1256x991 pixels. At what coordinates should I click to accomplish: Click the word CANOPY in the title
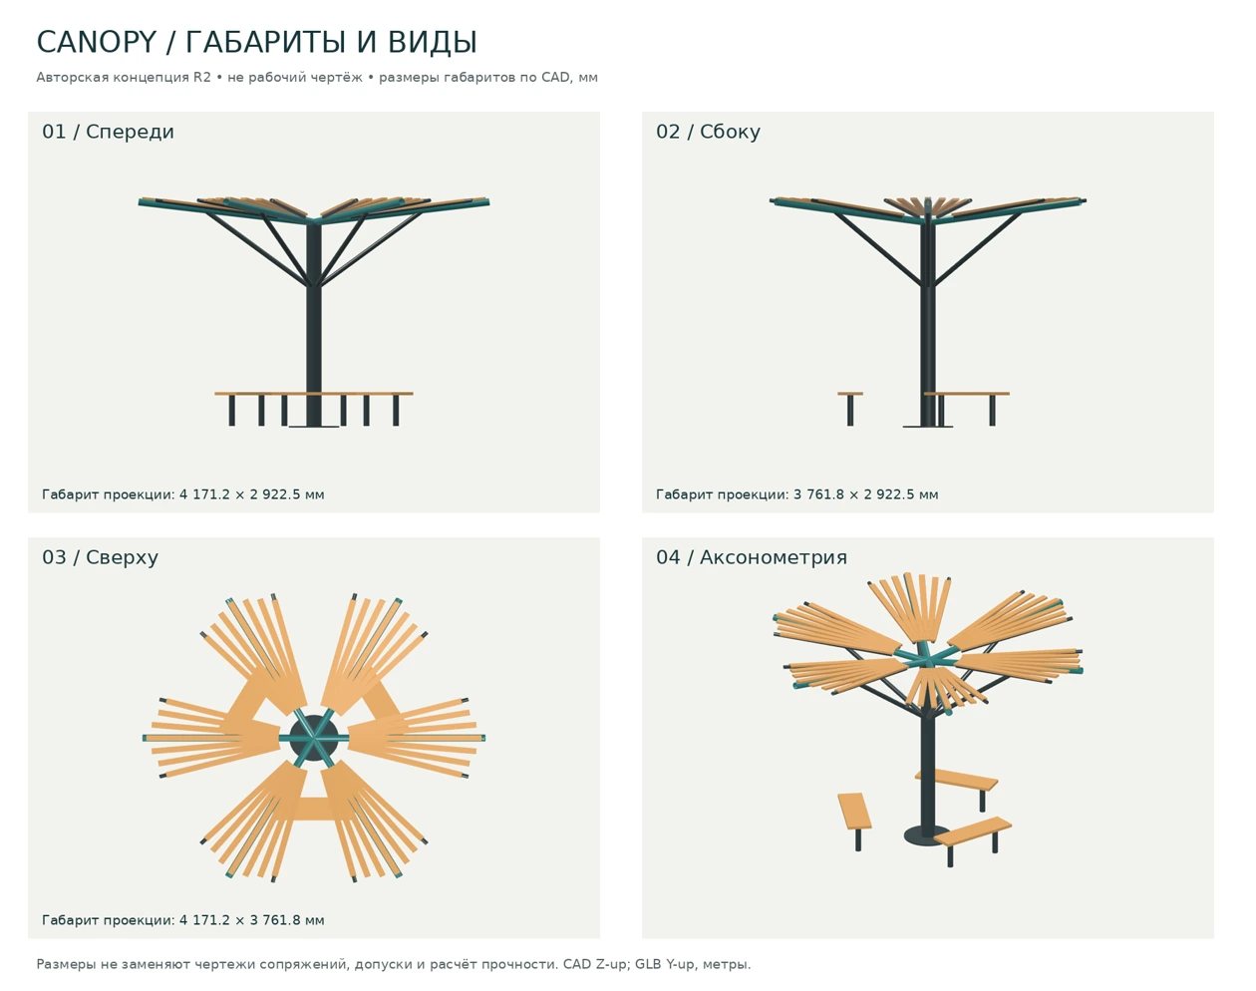point(97,43)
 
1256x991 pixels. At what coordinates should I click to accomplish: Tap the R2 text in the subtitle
point(202,77)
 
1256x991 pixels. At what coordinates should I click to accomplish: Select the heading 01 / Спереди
point(108,132)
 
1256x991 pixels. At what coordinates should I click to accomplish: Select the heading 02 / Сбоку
point(708,132)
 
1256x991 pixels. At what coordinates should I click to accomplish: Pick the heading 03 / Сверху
point(100,557)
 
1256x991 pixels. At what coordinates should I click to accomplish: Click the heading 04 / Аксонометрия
point(752,557)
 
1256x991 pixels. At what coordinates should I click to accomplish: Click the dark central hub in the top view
point(314,738)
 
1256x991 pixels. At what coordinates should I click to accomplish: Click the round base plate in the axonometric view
point(927,835)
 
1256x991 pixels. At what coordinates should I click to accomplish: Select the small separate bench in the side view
point(849,408)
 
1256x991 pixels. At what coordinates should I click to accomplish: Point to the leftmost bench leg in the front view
point(231,411)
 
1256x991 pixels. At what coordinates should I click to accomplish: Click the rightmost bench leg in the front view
point(396,411)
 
